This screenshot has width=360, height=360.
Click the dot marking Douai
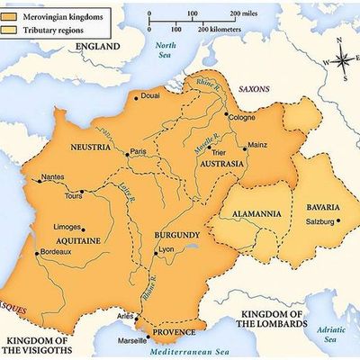coord(136,95)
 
